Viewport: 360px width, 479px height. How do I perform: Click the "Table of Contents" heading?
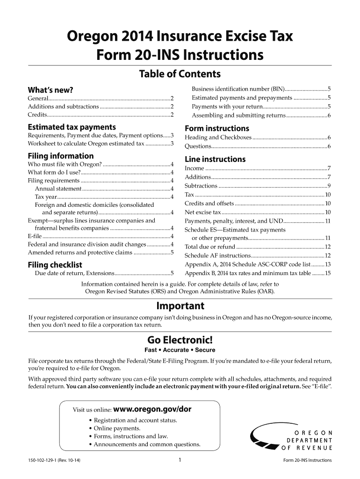pyautogui.click(x=180, y=74)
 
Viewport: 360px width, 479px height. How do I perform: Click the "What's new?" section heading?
pyautogui.click(x=50, y=89)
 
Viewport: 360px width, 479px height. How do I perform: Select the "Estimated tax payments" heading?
pyautogui.click(x=72, y=127)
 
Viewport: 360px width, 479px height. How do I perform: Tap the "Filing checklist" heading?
pyautogui.click(x=55, y=264)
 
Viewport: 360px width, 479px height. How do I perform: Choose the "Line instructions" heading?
pyautogui.click(x=215, y=159)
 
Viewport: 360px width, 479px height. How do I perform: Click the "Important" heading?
pyautogui.click(x=180, y=306)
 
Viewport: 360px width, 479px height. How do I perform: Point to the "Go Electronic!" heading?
pyautogui.click(x=180, y=340)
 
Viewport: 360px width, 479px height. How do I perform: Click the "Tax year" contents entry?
pyautogui.click(x=46, y=196)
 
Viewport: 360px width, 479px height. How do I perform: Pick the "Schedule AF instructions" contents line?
pyautogui.click(x=218, y=255)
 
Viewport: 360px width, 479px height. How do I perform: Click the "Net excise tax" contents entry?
pyautogui.click(x=203, y=212)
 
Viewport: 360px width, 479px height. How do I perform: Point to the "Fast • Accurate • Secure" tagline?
pyautogui.click(x=180, y=350)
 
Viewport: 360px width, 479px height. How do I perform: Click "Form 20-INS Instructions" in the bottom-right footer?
pyautogui.click(x=307, y=460)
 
